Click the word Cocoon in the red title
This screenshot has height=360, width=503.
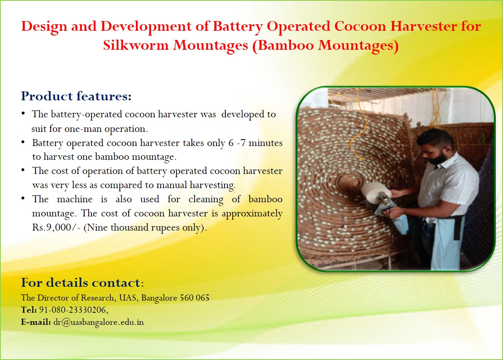tap(360, 26)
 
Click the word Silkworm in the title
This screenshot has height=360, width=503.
tap(136, 45)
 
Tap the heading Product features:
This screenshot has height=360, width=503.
tap(76, 96)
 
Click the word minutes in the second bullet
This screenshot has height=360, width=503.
tap(265, 143)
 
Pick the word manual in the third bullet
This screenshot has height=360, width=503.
tap(172, 185)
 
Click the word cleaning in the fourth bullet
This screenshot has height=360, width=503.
tap(206, 199)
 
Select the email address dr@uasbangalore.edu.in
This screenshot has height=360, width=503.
tap(98, 322)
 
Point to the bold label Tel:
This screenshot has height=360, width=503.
tap(29, 310)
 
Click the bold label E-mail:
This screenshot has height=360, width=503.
tap(36, 322)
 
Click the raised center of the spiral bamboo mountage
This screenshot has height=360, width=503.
tap(350, 183)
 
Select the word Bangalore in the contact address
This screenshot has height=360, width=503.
tap(159, 298)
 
